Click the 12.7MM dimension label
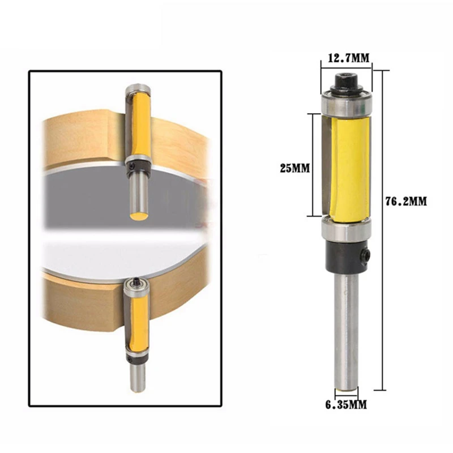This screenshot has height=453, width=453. [348, 58]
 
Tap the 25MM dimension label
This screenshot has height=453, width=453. [294, 168]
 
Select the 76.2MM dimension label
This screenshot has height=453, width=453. [406, 202]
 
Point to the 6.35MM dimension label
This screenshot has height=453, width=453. [346, 405]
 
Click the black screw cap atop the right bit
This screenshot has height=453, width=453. [345, 83]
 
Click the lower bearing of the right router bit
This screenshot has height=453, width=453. [345, 230]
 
